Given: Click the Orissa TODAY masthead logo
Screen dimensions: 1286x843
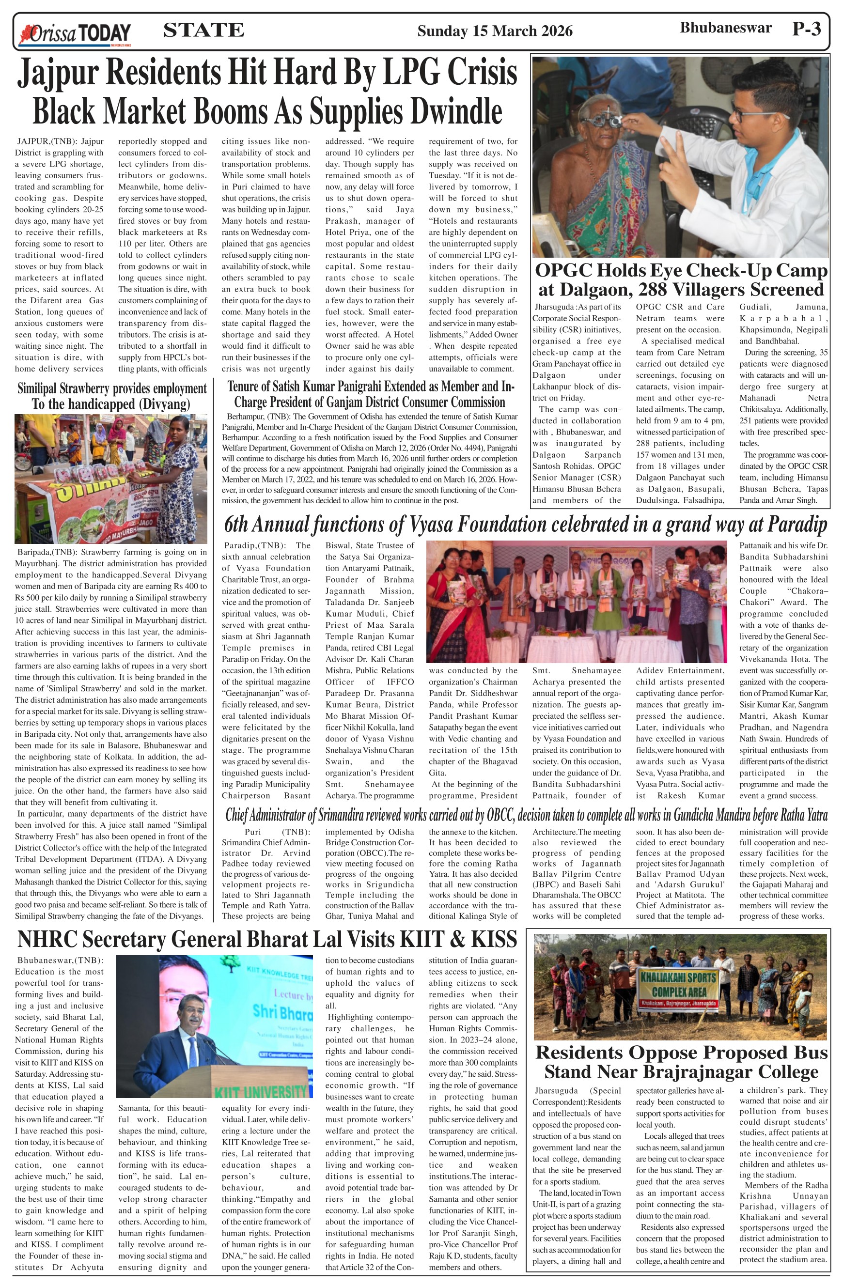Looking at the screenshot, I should coord(75,33).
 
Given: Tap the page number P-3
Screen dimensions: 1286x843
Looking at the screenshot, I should coord(806,29).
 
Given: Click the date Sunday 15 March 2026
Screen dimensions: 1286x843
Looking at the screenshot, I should coord(495,31).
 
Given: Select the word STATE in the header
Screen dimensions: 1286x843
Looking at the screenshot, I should coord(203,30).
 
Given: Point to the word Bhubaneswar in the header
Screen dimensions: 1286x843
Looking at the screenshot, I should coord(725,28).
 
